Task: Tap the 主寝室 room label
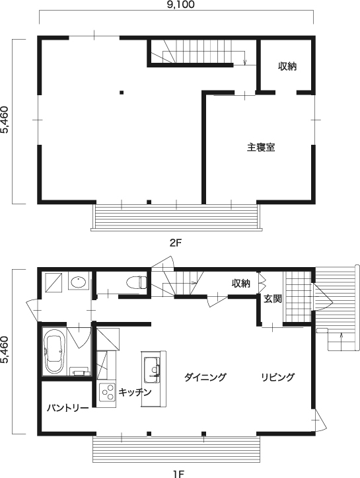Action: click(x=261, y=147)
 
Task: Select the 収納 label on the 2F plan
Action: click(x=287, y=66)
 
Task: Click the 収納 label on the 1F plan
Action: click(x=241, y=284)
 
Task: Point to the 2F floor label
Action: click(x=176, y=243)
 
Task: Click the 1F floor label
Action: click(x=179, y=474)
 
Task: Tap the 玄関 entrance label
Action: click(x=273, y=299)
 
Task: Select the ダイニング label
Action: click(x=205, y=377)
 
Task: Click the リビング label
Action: click(x=278, y=377)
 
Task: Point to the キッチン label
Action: click(x=135, y=392)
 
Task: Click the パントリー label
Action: click(x=67, y=408)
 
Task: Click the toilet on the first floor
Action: click(x=137, y=282)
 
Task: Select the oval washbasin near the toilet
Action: click(x=78, y=282)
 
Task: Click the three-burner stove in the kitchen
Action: click(x=107, y=392)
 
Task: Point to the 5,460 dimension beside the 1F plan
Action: click(x=5, y=350)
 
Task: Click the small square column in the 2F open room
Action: click(x=122, y=93)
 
